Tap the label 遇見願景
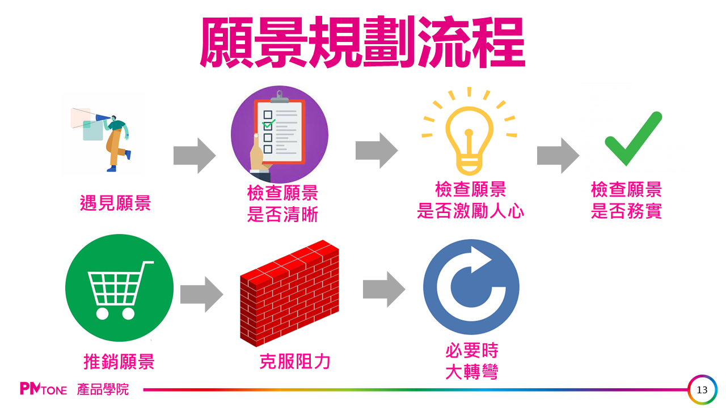point(116,203)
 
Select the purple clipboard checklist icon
point(279,135)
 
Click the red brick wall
point(289,292)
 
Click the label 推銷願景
point(119,361)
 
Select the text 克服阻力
point(295,361)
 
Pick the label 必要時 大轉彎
point(471,362)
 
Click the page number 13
point(702,390)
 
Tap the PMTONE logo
point(43,389)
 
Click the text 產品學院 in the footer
point(103,389)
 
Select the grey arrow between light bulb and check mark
point(558,155)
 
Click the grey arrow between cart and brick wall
point(201,294)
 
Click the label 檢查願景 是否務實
point(626,200)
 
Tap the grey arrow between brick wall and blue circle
point(384,289)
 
